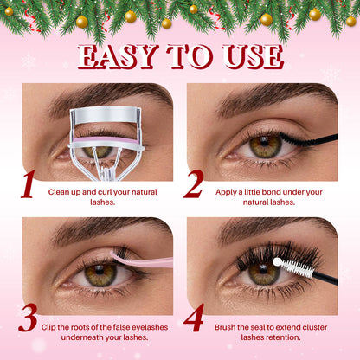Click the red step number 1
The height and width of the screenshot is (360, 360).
click(29, 185)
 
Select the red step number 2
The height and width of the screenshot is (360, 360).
click(194, 185)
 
